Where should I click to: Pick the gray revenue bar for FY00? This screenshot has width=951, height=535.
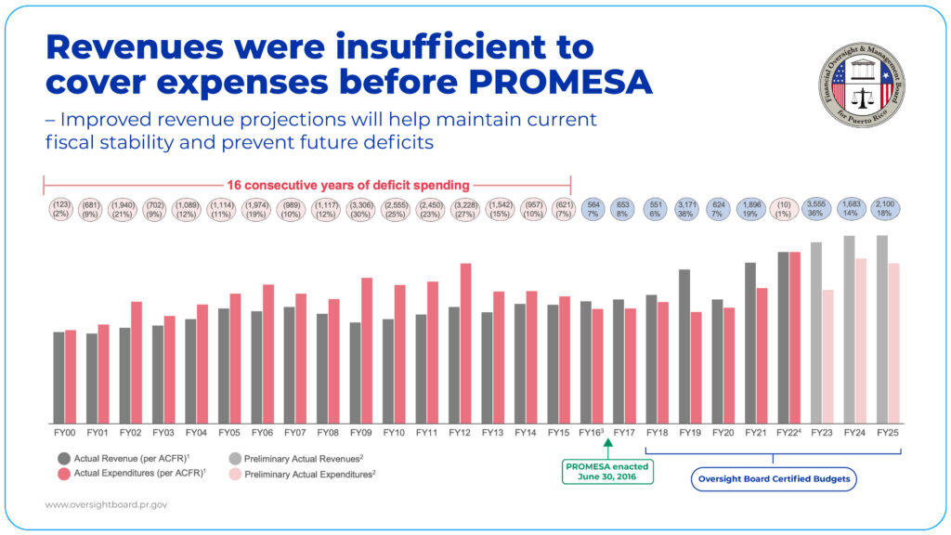(59, 375)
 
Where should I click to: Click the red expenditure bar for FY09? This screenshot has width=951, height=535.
(367, 348)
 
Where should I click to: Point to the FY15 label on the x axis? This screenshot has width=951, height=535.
(559, 433)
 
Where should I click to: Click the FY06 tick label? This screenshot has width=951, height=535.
(262, 433)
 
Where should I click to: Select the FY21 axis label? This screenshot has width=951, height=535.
(756, 433)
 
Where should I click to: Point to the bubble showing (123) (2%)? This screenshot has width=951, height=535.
(62, 209)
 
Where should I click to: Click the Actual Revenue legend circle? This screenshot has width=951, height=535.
(63, 458)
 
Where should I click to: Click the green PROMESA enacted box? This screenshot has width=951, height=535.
(608, 471)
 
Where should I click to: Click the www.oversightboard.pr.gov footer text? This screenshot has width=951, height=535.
(106, 505)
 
